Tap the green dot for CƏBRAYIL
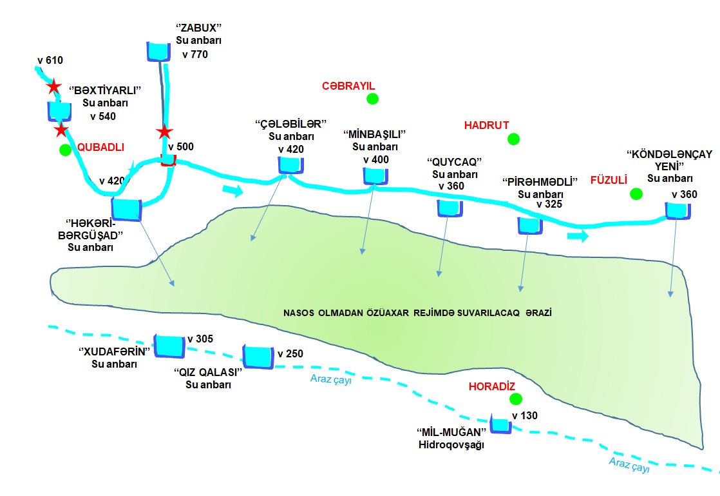point(372,99)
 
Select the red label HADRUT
point(486,126)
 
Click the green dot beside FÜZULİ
point(636,193)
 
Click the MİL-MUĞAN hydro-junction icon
point(500,424)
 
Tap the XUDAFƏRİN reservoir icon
point(169,346)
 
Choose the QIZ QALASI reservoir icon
point(258,356)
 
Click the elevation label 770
point(196,55)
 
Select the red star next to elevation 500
point(165,132)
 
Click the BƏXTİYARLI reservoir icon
point(59,111)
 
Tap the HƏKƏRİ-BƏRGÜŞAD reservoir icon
point(127,210)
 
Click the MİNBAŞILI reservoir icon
point(374,175)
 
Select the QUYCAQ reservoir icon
point(449,208)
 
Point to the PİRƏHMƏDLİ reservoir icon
point(529,225)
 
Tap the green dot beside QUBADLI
point(64,150)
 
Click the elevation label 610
point(50,61)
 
